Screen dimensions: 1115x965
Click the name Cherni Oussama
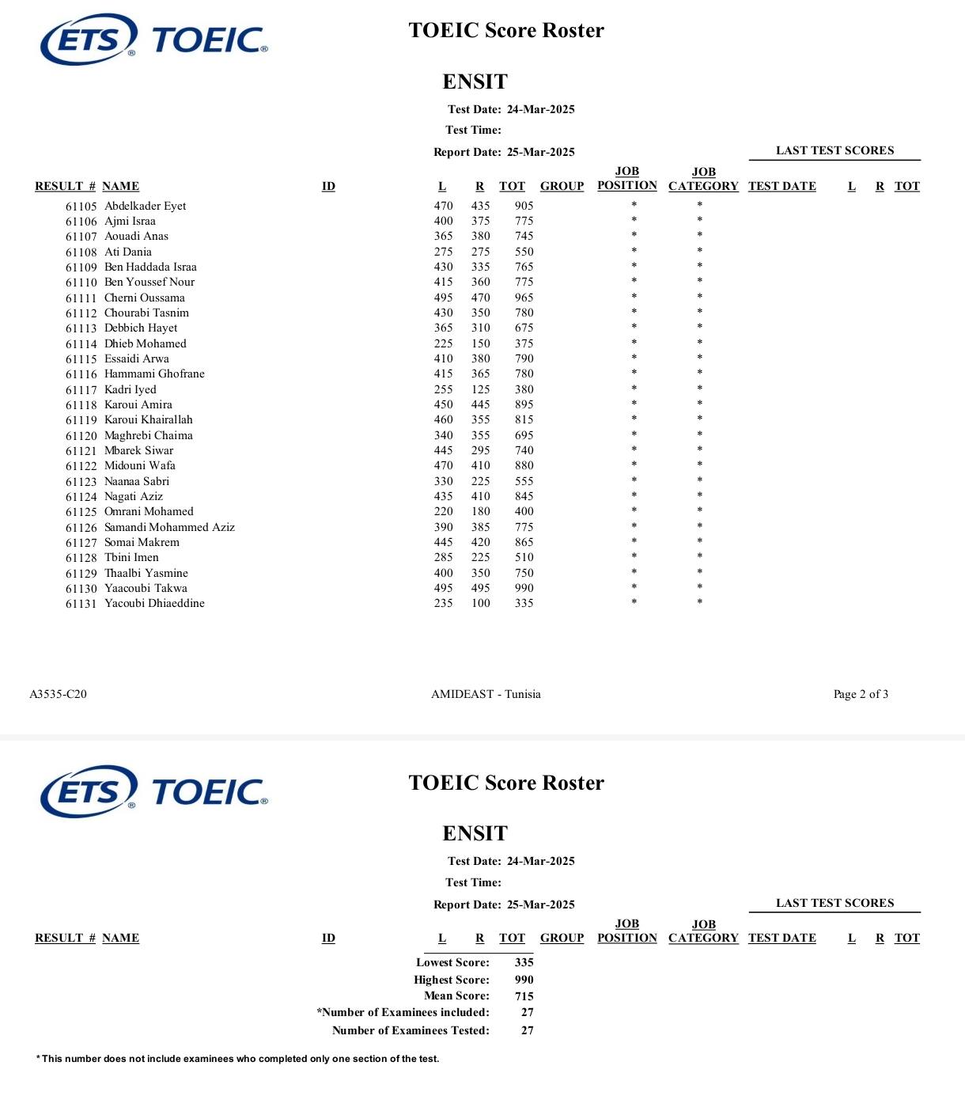145,298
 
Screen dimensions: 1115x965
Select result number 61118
81,405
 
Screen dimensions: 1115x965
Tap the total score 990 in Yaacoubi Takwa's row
524,588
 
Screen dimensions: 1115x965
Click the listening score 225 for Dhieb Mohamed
443,343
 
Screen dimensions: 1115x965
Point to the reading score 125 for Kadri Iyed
480,389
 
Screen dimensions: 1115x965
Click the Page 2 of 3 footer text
861,694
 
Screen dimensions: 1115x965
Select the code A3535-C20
58,694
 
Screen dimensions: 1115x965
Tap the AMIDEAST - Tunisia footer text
486,694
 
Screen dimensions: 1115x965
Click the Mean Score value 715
524,996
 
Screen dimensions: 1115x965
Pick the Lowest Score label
452,962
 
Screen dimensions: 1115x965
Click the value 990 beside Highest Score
524,980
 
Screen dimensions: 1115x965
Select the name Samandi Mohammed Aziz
169,527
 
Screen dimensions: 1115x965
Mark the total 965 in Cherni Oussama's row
524,298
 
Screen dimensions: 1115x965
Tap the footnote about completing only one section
237,1059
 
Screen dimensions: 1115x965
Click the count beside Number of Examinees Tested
527,1030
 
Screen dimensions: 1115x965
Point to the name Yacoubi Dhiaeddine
154,603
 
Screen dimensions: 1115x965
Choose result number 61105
81,207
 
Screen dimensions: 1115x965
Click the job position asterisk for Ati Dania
634,252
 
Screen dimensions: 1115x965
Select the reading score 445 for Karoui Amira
480,404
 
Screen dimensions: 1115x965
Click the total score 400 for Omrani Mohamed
524,512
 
